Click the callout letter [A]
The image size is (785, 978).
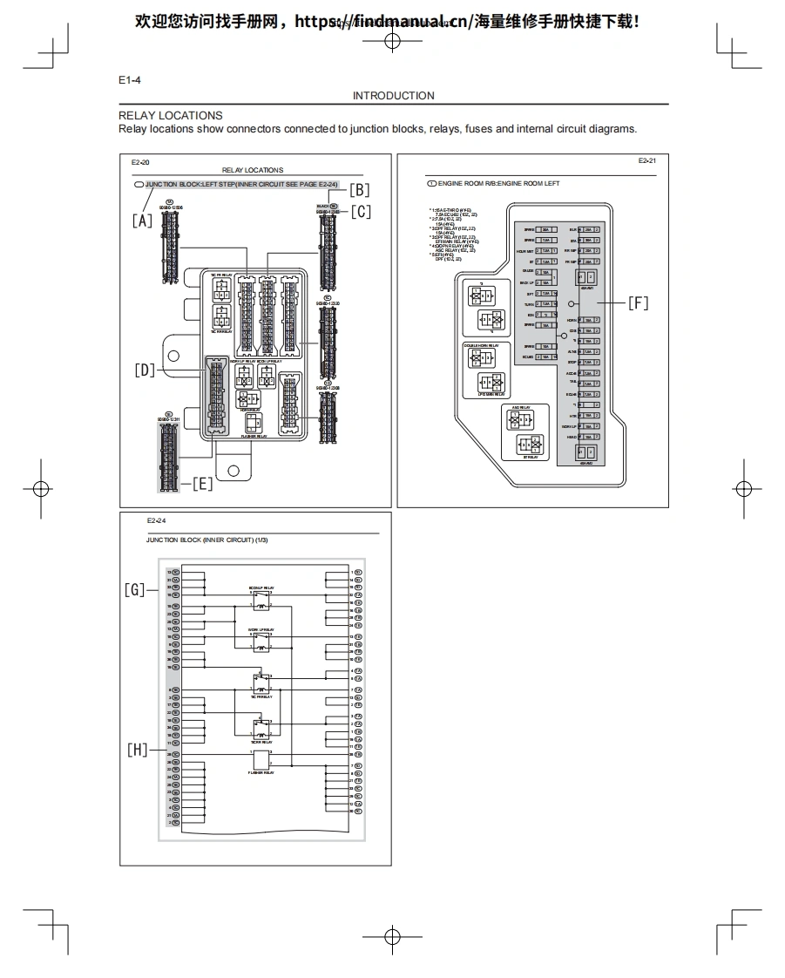142,221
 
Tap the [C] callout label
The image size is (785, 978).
361,211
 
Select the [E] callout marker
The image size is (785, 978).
202,484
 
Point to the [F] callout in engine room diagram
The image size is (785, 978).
638,303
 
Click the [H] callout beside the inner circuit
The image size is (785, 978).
138,750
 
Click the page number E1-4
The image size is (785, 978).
130,80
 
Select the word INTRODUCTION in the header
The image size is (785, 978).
393,96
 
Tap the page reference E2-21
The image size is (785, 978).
646,161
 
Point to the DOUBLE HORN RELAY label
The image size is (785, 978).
480,345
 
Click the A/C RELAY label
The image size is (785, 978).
522,407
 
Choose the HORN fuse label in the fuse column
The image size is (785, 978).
572,320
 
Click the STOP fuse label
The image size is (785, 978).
572,362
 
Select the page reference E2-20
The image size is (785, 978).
140,163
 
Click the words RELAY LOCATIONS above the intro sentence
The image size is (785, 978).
171,115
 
